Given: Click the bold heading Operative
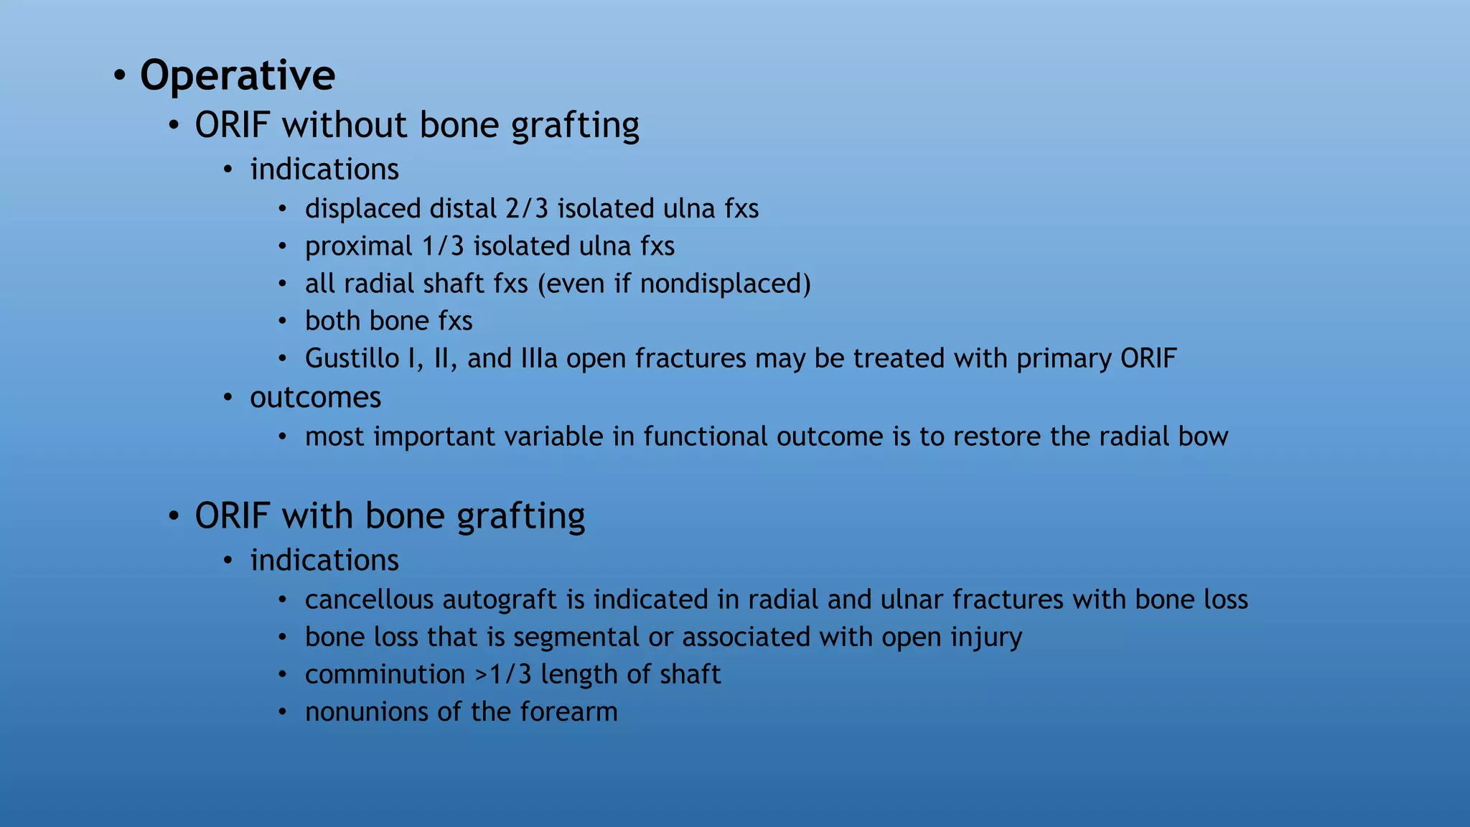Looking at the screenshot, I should click(237, 75).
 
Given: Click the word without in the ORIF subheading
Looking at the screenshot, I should click(345, 125).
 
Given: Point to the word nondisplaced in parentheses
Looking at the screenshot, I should click(722, 284).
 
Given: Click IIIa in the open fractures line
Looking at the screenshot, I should click(539, 358).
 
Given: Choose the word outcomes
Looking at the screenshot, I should click(315, 398).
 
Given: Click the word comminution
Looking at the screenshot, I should click(385, 675).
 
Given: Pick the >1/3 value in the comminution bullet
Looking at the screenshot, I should click(503, 675).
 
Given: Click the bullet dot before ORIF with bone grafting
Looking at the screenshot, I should click(173, 516).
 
